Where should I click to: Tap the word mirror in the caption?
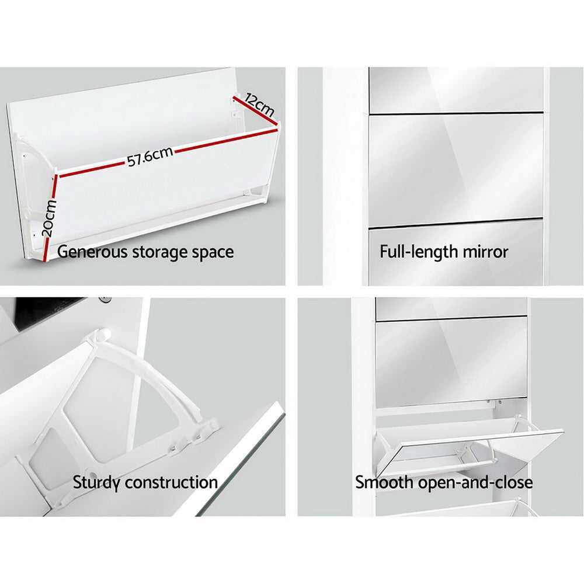point(484,252)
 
